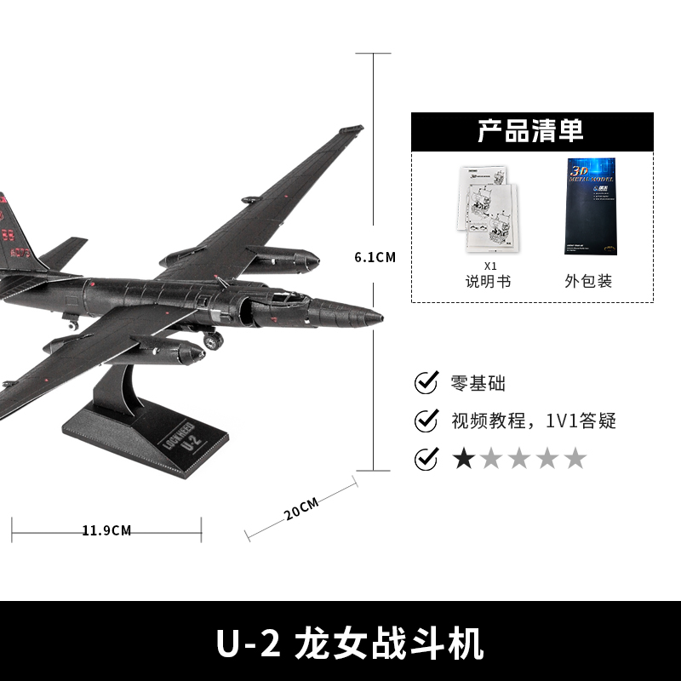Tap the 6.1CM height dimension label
[x=375, y=256]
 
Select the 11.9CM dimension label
[x=106, y=530]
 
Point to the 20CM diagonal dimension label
[x=301, y=509]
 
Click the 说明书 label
[x=488, y=281]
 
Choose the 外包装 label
[x=588, y=281]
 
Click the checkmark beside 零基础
[x=426, y=383]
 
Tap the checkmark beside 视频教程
[x=426, y=421]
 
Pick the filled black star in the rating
[x=464, y=459]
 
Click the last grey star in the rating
[x=575, y=459]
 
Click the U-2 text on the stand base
[x=191, y=442]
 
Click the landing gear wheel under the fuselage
[x=214, y=340]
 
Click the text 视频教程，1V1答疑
[x=533, y=421]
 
